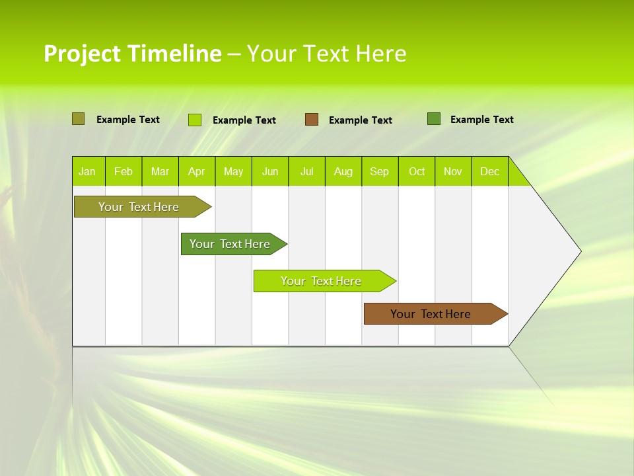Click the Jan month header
point(87,171)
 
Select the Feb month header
point(123,171)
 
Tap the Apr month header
point(197,171)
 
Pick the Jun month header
point(270,171)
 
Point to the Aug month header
point(343,171)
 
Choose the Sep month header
point(380,171)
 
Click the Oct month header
point(417,171)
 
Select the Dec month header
point(490,171)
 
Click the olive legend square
point(78,119)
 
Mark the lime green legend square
point(195,120)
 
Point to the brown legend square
point(312,120)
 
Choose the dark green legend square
point(434,119)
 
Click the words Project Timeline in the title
point(132,54)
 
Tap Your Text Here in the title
point(326,54)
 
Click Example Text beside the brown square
point(361,120)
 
